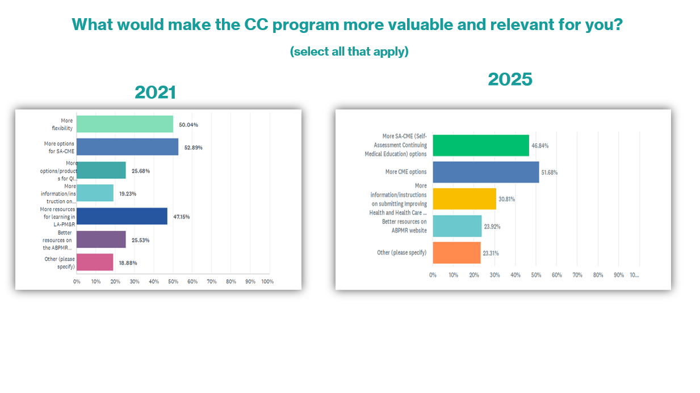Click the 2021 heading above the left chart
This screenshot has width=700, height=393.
click(156, 92)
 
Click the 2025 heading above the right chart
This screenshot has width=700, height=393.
click(510, 79)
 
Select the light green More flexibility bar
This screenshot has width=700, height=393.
click(125, 124)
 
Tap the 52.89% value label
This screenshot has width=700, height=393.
click(193, 147)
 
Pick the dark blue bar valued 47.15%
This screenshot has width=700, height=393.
click(122, 216)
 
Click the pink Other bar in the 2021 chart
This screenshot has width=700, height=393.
click(95, 262)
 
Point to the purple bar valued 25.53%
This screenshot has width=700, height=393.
click(101, 239)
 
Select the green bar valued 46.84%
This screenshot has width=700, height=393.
click(481, 146)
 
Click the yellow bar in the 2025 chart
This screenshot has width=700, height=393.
click(464, 199)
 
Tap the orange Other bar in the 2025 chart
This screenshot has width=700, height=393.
click(456, 252)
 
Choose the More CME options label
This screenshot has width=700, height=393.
click(405, 172)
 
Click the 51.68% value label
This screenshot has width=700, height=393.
click(550, 172)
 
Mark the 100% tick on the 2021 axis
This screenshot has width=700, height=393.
click(267, 281)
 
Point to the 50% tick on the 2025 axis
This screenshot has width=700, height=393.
click(536, 275)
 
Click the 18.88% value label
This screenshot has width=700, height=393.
click(128, 263)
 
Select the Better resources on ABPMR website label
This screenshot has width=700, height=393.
click(404, 226)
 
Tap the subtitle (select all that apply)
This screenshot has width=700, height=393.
click(349, 52)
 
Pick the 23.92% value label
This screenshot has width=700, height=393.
click(492, 227)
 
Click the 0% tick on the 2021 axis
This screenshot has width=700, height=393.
click(77, 281)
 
